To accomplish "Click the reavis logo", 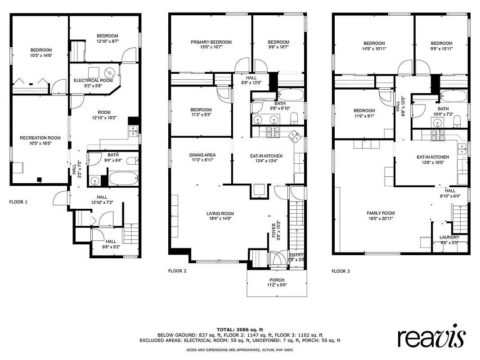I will (431, 337).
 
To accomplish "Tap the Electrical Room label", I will (93, 80).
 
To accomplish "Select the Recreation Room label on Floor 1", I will (40, 138).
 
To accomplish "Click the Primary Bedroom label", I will (211, 42).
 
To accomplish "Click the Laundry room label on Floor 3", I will (449, 237).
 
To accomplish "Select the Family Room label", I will (381, 213).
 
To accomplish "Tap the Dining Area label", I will (202, 155).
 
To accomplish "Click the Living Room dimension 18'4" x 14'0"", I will (220, 219).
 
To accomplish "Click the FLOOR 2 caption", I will (177, 271).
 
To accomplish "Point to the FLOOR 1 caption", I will (18, 202).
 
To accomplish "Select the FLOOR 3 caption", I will (341, 271).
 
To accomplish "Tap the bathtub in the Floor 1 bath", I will (123, 179).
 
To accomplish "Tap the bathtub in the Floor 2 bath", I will (290, 95).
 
